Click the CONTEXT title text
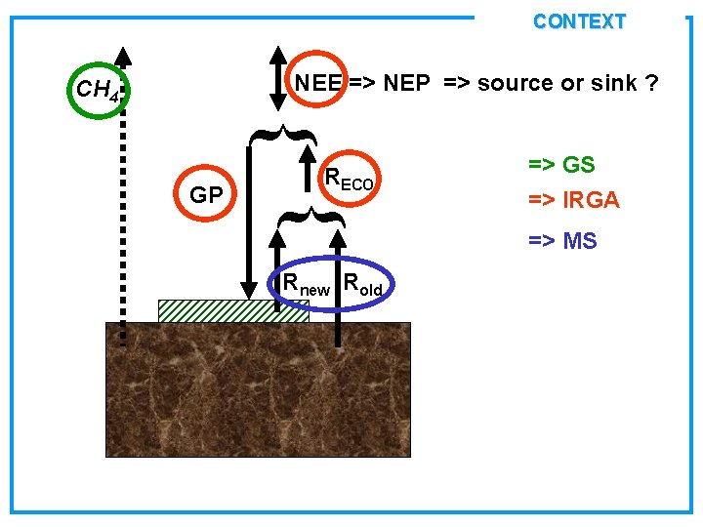click(x=579, y=21)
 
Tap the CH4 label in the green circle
click(x=96, y=91)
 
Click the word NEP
click(x=406, y=83)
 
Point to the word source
click(x=514, y=83)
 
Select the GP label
click(x=205, y=195)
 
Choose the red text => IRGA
click(x=574, y=200)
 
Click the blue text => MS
click(x=562, y=240)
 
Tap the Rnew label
click(x=306, y=285)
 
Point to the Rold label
click(x=363, y=285)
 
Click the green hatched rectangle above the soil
click(x=220, y=310)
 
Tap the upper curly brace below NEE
click(x=280, y=134)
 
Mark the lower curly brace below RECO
click(x=310, y=215)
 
